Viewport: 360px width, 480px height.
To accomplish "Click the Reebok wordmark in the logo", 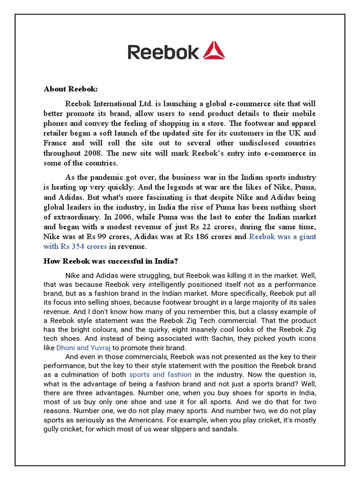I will [x=163, y=52].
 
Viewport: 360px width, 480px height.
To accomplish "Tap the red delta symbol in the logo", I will [x=214, y=51].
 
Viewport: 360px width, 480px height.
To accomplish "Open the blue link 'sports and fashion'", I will [x=160, y=375].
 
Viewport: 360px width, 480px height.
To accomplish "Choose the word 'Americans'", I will [x=149, y=419].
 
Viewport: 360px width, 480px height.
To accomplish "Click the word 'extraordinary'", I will [x=76, y=217].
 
